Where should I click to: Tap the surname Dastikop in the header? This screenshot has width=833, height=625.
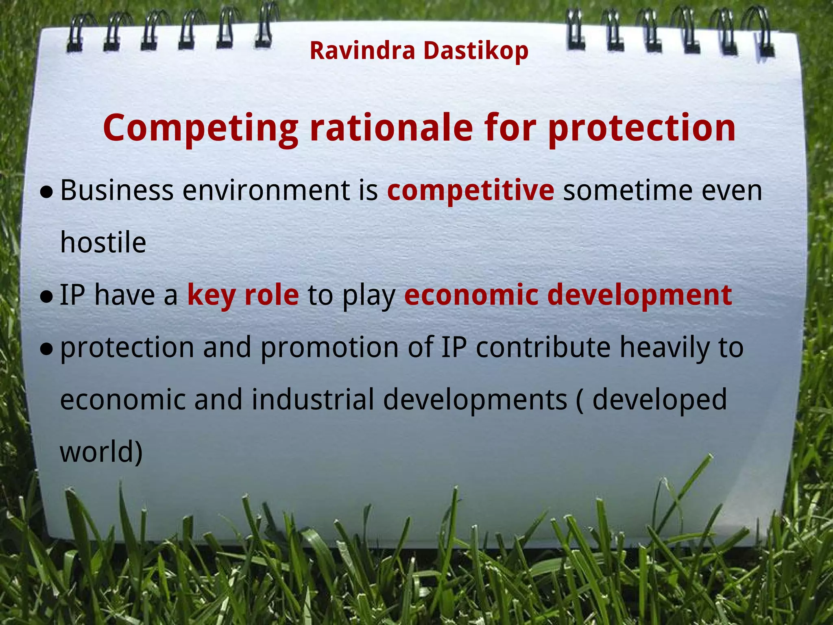pyautogui.click(x=475, y=51)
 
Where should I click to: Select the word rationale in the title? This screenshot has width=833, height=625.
pyautogui.click(x=391, y=128)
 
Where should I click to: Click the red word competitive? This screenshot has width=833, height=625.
pyautogui.click(x=470, y=190)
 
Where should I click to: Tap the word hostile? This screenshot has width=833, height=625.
pyautogui.click(x=103, y=243)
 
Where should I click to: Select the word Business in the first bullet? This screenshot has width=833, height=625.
pyautogui.click(x=117, y=190)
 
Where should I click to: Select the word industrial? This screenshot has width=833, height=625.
pyautogui.click(x=312, y=400)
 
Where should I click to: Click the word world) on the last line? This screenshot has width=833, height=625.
pyautogui.click(x=101, y=452)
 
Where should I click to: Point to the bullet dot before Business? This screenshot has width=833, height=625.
pyautogui.click(x=47, y=192)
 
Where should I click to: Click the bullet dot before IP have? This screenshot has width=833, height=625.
pyautogui.click(x=47, y=297)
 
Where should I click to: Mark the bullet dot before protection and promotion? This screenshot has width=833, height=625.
pyautogui.click(x=47, y=349)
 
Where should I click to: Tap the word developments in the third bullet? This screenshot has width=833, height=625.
pyautogui.click(x=475, y=400)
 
